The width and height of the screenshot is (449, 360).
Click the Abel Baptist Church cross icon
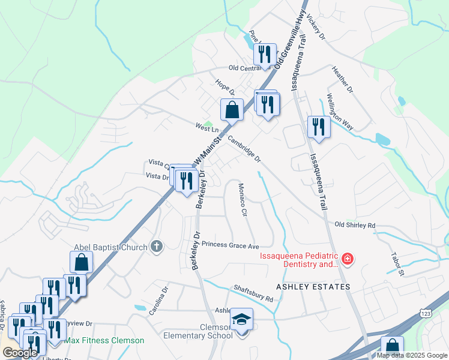157,246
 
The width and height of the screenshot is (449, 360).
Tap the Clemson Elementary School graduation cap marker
241,319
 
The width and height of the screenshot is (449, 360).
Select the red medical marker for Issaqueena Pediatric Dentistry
348,259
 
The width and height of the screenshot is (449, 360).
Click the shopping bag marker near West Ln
232,110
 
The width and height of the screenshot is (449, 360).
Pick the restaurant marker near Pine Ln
264,55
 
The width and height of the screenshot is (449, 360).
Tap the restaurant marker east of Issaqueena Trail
318,127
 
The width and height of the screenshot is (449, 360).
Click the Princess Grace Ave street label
230,245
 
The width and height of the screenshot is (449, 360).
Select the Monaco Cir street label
243,200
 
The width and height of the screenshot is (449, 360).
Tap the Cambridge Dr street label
245,148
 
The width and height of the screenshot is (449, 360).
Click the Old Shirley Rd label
355,225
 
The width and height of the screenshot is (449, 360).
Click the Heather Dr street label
343,79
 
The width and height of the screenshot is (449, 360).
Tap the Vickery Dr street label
315,28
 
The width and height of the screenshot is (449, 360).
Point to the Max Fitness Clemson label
104,340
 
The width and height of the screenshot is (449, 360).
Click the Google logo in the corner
20,353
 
